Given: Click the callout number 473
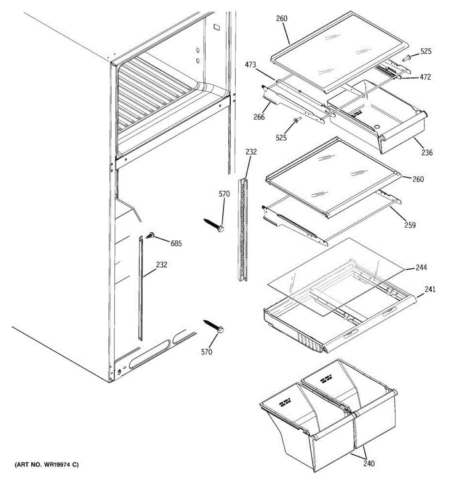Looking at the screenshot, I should click(251, 65).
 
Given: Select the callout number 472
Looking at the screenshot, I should click(425, 77).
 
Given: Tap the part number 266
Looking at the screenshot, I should click(259, 117).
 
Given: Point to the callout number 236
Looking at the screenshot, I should click(427, 152).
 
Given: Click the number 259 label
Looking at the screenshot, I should click(410, 225).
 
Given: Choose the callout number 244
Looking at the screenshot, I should click(421, 268).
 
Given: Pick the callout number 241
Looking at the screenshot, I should click(430, 289).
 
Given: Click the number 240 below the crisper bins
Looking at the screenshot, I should click(369, 463).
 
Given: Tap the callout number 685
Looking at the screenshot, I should click(176, 243).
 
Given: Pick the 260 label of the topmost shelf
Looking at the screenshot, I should click(281, 18).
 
